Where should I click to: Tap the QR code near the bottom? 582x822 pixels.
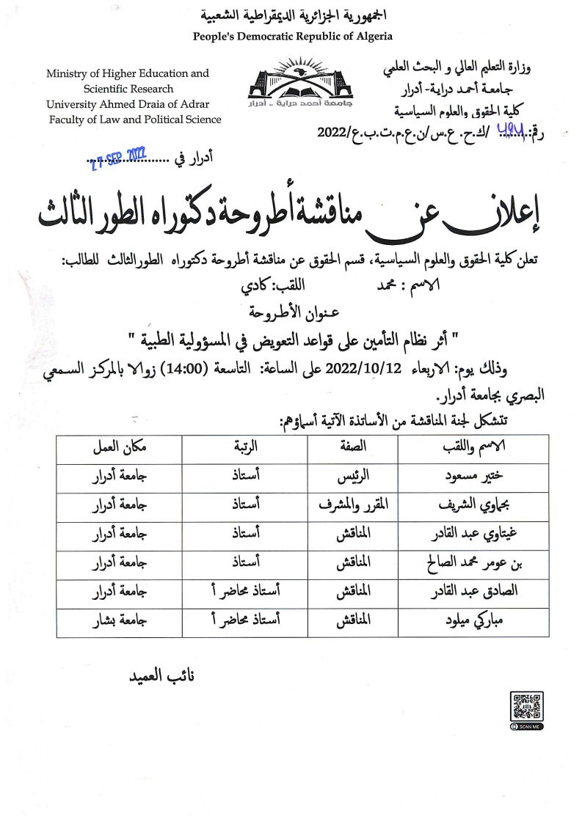pyautogui.click(x=526, y=707)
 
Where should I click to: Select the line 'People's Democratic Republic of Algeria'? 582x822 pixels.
pyautogui.click(x=292, y=36)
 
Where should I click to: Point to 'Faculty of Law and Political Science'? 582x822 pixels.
pyautogui.click(x=134, y=120)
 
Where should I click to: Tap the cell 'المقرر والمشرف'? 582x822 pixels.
pyautogui.click(x=354, y=506)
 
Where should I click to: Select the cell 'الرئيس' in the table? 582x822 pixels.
pyautogui.click(x=354, y=477)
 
